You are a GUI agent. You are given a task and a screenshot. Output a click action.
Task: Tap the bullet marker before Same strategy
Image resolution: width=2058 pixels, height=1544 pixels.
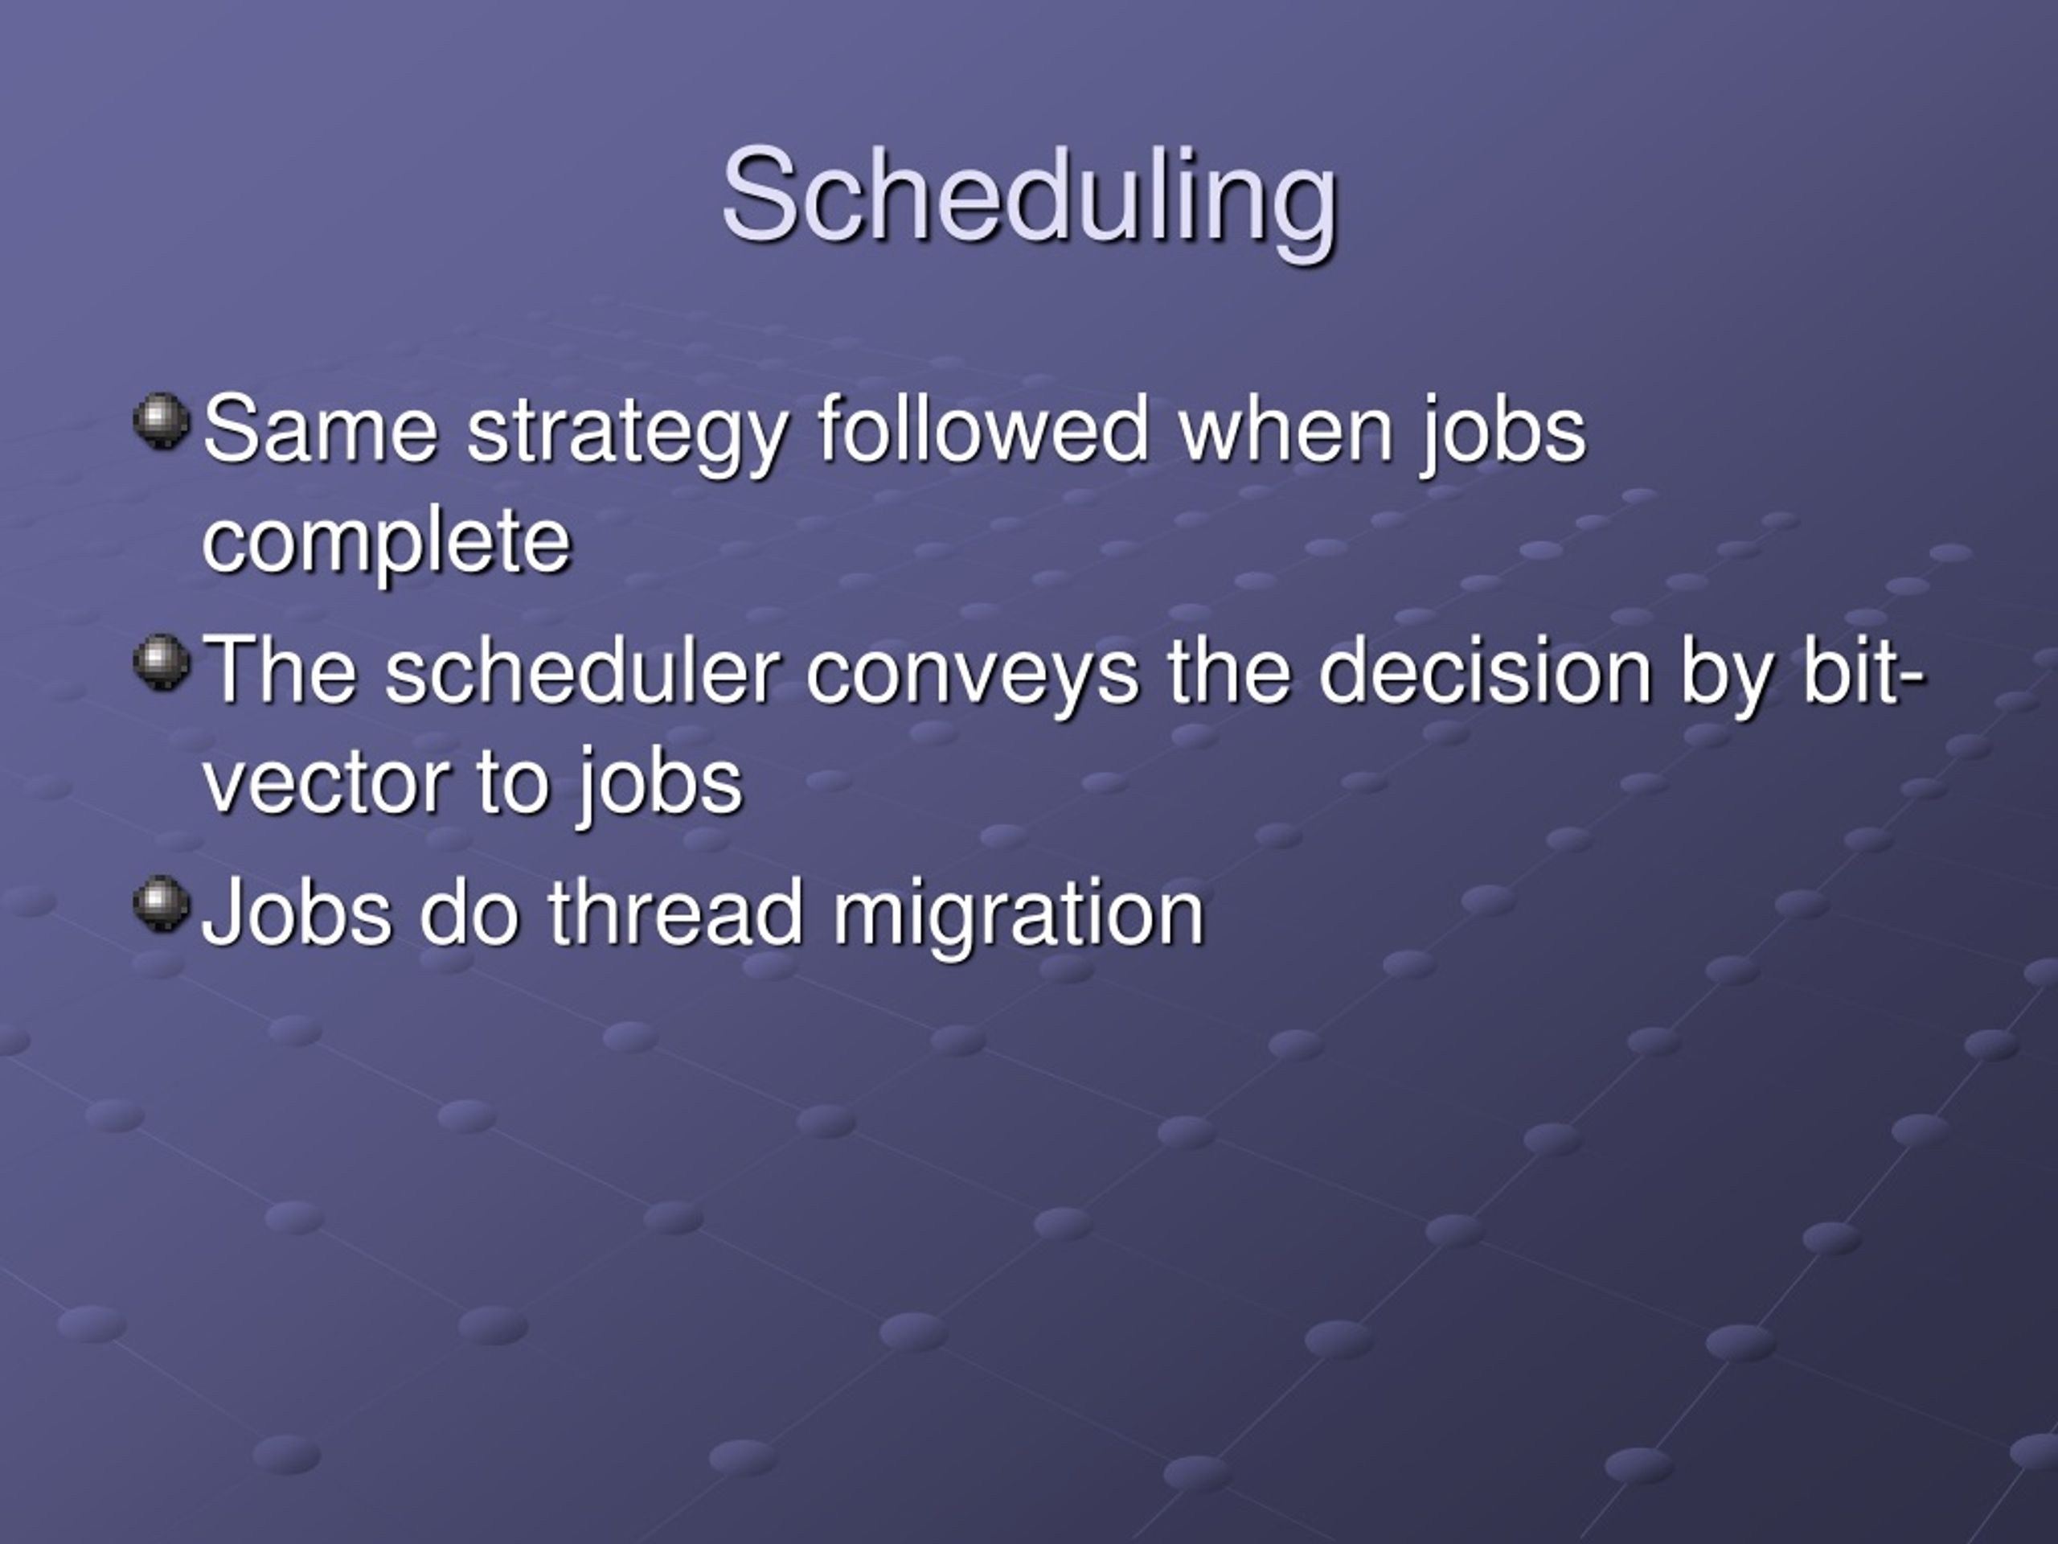click(x=162, y=421)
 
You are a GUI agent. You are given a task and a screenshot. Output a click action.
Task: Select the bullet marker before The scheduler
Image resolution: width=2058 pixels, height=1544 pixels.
click(x=162, y=662)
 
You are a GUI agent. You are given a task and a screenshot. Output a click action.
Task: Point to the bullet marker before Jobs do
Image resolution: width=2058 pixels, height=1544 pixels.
click(x=162, y=903)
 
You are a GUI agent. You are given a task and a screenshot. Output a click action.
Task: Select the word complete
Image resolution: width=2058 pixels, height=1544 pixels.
click(x=386, y=545)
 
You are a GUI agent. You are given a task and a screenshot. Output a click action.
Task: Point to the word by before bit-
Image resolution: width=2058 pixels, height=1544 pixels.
click(x=1727, y=675)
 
